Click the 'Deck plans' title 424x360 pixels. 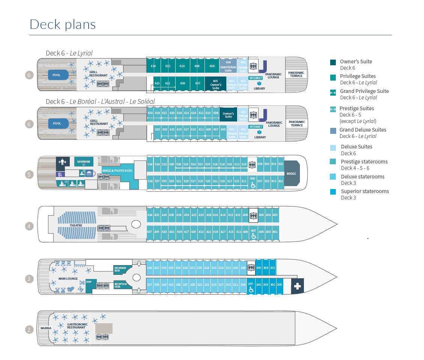pos(63,24)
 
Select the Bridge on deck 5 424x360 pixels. pos(292,174)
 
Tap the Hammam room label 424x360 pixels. pos(84,162)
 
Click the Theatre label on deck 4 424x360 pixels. pos(76,225)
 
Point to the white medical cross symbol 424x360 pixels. pos(298,286)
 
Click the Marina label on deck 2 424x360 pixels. pos(46,328)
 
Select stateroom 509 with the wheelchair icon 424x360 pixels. pos(253,182)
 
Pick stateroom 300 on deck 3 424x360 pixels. pos(279,285)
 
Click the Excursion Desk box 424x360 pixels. pos(120,269)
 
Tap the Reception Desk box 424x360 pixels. pos(120,285)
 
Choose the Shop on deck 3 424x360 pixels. pos(89,282)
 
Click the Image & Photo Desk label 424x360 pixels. pos(117,170)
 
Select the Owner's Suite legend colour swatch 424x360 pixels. pos(333,62)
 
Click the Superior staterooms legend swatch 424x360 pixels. pos(333,192)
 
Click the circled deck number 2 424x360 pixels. pos(29,330)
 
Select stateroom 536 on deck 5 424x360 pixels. pos(150,164)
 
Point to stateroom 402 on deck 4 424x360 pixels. pos(275,215)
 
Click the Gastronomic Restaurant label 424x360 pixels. pos(77,326)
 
